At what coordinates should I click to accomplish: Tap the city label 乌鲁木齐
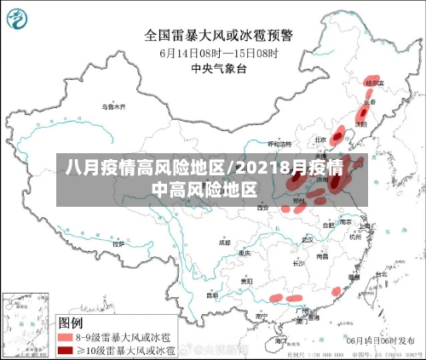[112, 107]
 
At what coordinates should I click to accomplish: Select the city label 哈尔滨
[374, 83]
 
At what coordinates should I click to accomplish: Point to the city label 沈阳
[360, 123]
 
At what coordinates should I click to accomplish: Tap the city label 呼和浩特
[280, 145]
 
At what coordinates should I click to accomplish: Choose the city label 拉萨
[118, 243]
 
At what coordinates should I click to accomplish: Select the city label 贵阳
[246, 280]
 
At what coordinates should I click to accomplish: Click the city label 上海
[371, 226]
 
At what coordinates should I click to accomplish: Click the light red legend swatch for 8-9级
[66, 337]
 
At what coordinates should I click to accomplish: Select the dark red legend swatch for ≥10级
[66, 350]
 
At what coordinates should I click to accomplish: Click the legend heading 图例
[70, 323]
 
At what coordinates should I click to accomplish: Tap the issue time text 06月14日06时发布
[383, 338]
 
